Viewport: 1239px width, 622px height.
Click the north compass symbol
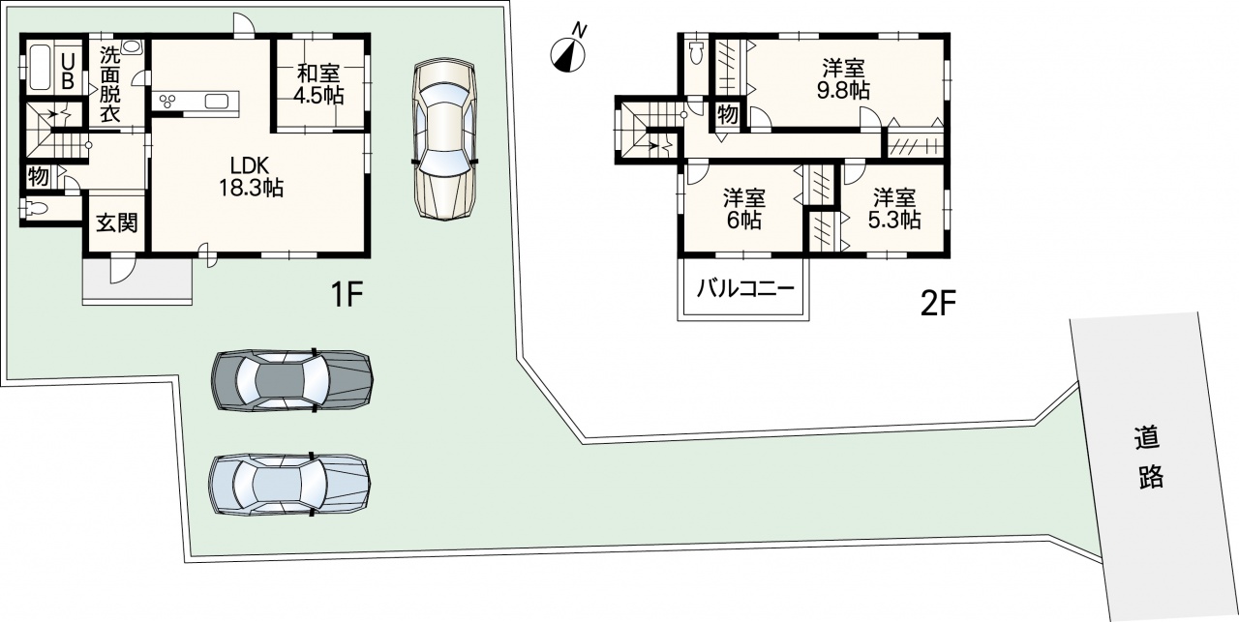click(x=568, y=54)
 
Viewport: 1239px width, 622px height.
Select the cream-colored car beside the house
click(x=444, y=140)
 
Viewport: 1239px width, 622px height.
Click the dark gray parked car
click(x=292, y=381)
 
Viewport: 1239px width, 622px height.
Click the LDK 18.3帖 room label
click(x=251, y=177)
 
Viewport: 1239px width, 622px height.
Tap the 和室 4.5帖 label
click(x=318, y=84)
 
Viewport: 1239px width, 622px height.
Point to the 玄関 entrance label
click(x=117, y=222)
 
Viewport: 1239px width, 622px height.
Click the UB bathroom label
click(x=68, y=71)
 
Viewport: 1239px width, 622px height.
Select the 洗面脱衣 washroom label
click(x=109, y=84)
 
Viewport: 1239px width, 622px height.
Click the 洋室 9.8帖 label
click(x=843, y=79)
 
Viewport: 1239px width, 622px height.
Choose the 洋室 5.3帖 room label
click(x=893, y=209)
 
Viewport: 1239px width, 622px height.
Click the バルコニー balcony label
click(x=745, y=288)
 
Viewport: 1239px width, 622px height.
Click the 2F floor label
click(x=938, y=304)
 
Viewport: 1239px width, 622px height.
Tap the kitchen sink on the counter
click(x=215, y=102)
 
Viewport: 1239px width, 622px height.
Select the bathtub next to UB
click(x=41, y=67)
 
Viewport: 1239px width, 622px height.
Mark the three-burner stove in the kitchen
click(x=167, y=101)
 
